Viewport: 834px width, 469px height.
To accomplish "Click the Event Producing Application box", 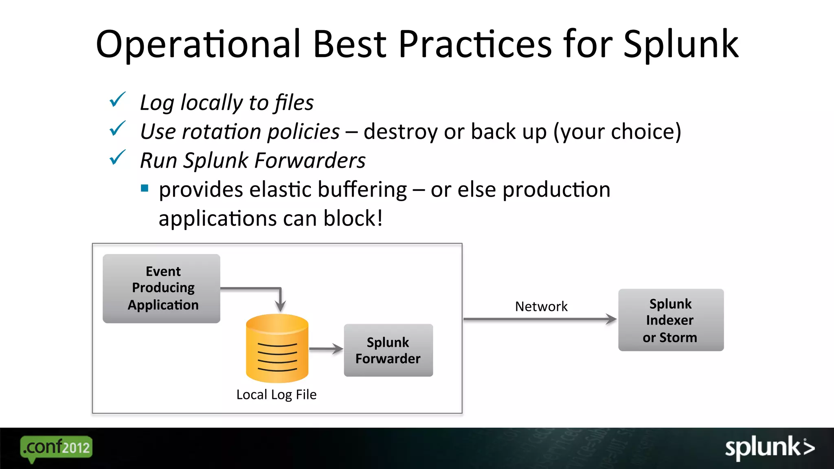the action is coord(162,288).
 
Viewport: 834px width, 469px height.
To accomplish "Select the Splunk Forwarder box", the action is coord(388,350).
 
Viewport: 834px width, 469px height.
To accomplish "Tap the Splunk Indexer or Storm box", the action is coord(671,320).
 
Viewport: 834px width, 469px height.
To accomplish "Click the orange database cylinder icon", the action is coord(277,348).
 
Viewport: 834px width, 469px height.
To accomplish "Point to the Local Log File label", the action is coord(276,394).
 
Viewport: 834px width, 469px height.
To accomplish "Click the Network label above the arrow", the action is coord(541,307).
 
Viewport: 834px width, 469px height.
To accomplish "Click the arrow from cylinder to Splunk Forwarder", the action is coord(326,349).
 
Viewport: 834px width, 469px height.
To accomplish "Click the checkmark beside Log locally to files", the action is coord(117,100).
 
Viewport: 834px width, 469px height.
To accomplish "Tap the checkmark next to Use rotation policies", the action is coord(117,129).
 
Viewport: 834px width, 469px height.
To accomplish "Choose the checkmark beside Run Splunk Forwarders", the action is coord(117,158).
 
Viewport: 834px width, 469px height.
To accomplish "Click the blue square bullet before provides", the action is coord(145,188).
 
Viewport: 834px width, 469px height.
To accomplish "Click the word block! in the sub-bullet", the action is coord(353,219).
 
